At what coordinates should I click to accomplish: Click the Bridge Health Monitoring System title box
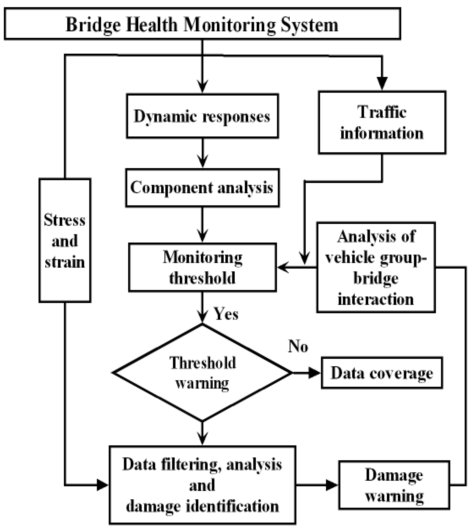coord(202,24)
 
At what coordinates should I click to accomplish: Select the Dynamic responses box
coord(202,116)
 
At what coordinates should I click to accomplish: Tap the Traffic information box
coord(382,122)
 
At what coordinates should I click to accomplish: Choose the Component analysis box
coord(202,188)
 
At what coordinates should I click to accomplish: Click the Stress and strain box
coord(65,240)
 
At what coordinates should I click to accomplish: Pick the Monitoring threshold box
coord(202,267)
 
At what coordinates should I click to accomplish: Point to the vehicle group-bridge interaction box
coord(376,267)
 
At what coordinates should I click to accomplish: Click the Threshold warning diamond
coord(202,373)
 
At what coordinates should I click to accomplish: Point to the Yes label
coord(225,314)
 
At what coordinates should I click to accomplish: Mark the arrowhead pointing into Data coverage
coord(314,373)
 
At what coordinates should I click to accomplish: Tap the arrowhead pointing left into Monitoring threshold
coord(283,267)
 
